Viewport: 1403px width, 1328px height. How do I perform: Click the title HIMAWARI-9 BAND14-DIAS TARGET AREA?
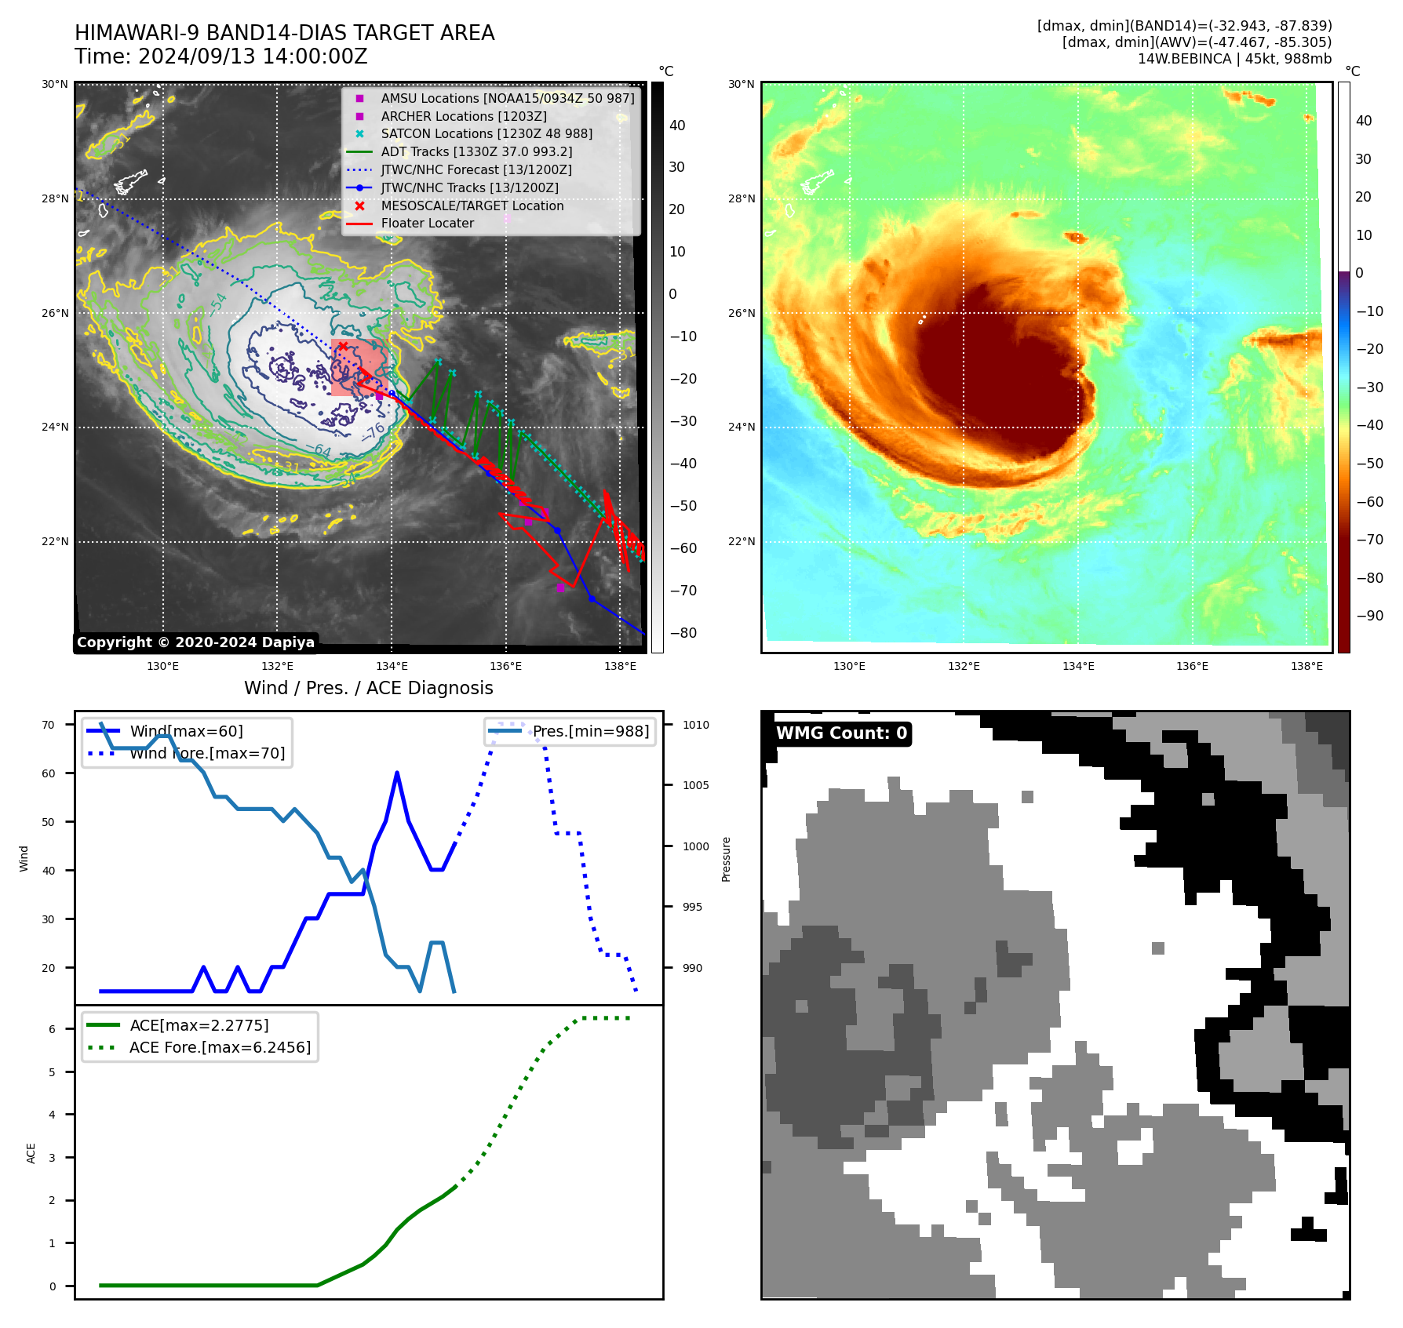click(x=284, y=33)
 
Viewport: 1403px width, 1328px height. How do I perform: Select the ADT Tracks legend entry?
click(x=476, y=152)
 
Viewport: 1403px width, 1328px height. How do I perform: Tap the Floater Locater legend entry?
click(x=427, y=224)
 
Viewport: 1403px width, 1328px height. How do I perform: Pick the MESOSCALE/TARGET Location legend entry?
click(x=472, y=206)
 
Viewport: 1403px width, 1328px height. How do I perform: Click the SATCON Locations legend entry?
click(x=486, y=134)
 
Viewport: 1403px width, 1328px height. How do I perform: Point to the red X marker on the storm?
click(x=343, y=346)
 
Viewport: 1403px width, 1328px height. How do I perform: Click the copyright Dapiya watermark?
click(x=195, y=642)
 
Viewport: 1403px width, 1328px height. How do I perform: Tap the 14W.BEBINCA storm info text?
click(x=1234, y=59)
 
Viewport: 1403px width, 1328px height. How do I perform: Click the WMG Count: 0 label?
click(x=841, y=733)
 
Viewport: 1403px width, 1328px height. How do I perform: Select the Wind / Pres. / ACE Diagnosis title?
click(x=368, y=688)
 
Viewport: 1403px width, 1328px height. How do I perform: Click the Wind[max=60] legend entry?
click(x=186, y=731)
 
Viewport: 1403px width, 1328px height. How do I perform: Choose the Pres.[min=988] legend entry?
click(x=590, y=731)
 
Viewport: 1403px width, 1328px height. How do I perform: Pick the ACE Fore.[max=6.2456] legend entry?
click(x=220, y=1048)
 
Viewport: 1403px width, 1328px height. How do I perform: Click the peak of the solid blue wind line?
click(x=397, y=773)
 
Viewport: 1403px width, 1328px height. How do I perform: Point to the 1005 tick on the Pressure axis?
click(x=695, y=785)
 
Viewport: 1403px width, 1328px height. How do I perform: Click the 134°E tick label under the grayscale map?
click(x=392, y=667)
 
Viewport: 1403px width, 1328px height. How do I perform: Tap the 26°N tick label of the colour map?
click(x=742, y=313)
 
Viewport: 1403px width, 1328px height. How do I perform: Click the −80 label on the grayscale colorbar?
click(x=683, y=633)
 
